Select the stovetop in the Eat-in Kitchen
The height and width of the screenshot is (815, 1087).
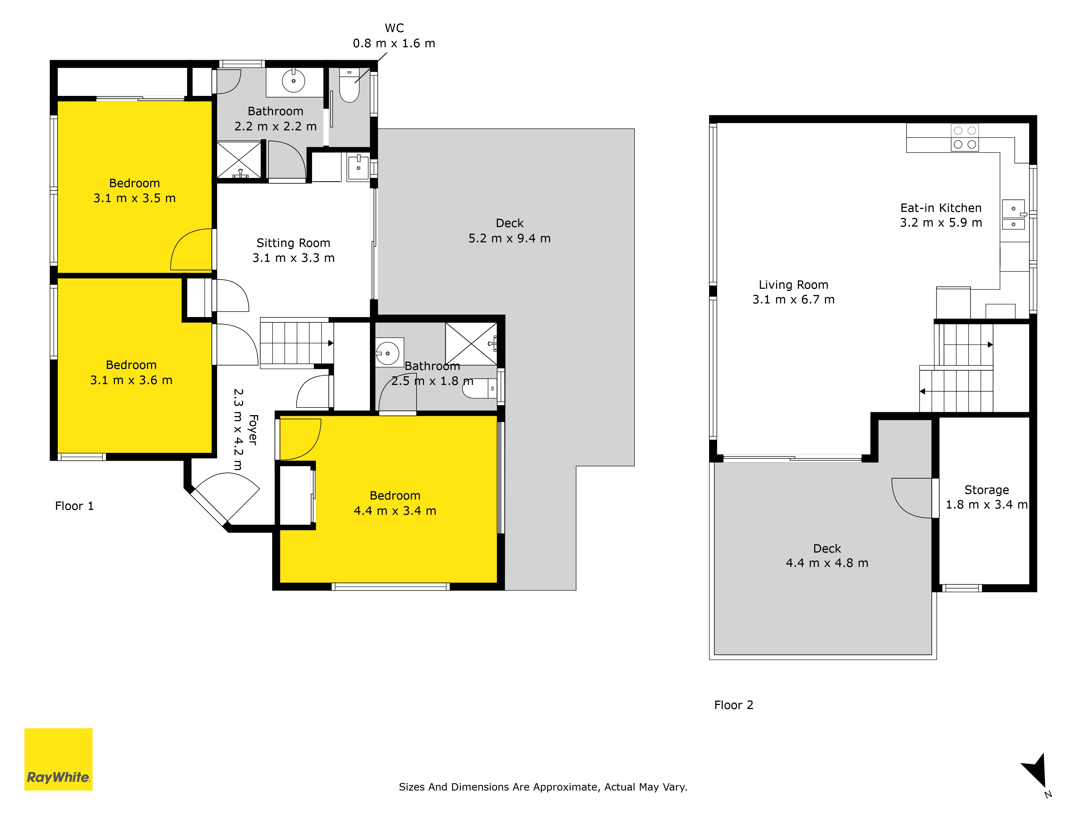pos(965,137)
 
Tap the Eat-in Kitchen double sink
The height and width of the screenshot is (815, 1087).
pos(1013,215)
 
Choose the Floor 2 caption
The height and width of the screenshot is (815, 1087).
pos(734,705)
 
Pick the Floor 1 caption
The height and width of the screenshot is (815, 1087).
pos(74,506)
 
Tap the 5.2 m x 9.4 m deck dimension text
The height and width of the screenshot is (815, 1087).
pos(510,238)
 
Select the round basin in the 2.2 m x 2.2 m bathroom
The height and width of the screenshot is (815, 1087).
pos(293,81)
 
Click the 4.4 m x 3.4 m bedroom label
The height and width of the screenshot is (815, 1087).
pos(395,503)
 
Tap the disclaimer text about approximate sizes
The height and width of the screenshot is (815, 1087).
pos(543,787)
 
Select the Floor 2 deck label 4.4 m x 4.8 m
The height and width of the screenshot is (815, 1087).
pos(827,556)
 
